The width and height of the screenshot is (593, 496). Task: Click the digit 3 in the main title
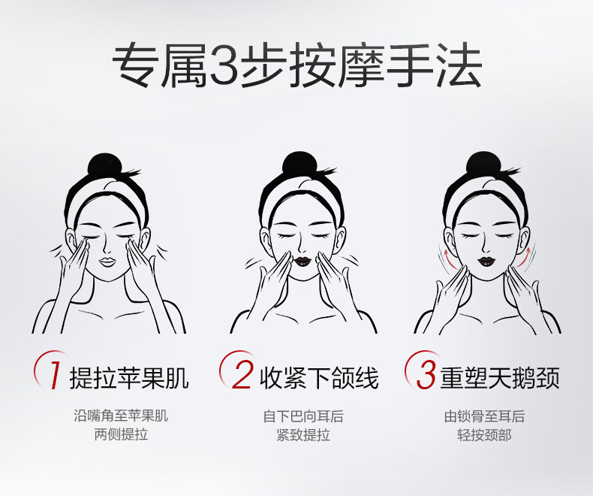point(224,65)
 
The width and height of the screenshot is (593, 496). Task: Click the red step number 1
point(56,375)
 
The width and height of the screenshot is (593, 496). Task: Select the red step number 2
point(242,375)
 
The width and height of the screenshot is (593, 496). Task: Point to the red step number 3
point(426,375)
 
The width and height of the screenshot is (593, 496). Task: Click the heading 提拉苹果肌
point(129,377)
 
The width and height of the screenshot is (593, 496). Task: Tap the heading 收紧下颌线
point(319,377)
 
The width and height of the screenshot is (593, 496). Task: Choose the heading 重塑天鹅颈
point(500,377)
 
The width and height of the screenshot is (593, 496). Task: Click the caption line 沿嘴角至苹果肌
point(121,416)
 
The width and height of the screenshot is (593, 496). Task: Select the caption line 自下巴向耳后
point(303,416)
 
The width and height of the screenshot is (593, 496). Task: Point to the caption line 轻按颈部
point(484,434)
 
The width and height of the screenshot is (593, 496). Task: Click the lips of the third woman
point(485,261)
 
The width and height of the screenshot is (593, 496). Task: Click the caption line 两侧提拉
point(121,434)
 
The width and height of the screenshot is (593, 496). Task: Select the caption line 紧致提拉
point(303,434)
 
